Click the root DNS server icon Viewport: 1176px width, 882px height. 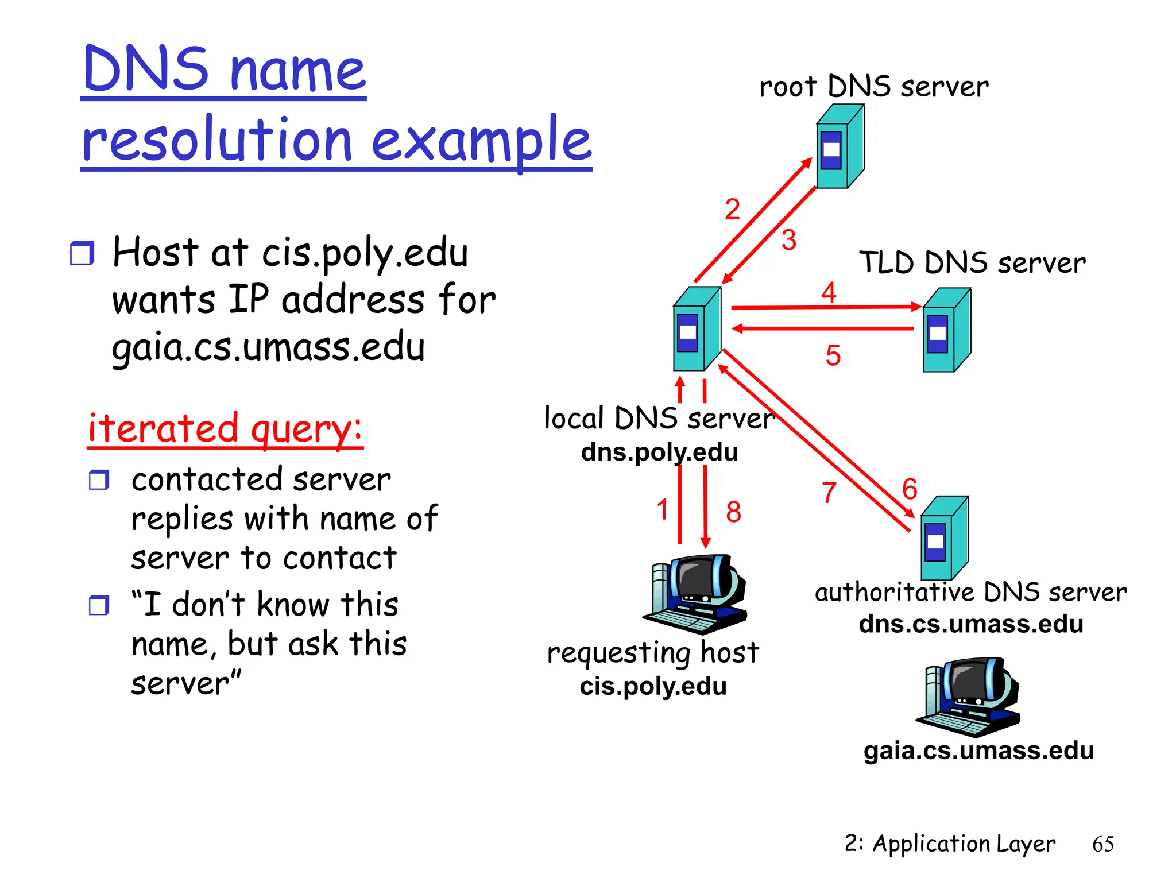tap(840, 146)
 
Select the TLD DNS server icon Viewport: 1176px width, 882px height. tap(946, 330)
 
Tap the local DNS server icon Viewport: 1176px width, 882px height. tap(696, 329)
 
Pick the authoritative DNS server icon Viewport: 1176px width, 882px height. tap(944, 538)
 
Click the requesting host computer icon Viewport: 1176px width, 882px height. tap(696, 594)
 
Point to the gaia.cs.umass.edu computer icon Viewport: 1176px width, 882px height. tap(969, 697)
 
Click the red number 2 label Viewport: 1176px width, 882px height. tap(732, 209)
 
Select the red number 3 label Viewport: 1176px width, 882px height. tap(788, 240)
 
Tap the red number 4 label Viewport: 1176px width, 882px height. tap(828, 293)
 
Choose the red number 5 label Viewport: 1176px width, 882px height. tap(833, 355)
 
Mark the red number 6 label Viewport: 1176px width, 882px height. tap(910, 489)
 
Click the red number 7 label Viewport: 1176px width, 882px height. tap(829, 493)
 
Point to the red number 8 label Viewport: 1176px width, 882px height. tap(733, 512)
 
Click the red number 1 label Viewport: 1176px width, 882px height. tap(662, 509)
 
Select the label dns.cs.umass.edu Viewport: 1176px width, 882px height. tap(970, 624)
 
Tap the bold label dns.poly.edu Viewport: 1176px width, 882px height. tap(659, 452)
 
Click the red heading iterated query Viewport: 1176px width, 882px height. tap(225, 428)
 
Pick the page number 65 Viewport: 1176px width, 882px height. tap(1102, 844)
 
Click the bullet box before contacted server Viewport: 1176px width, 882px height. tap(99, 479)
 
